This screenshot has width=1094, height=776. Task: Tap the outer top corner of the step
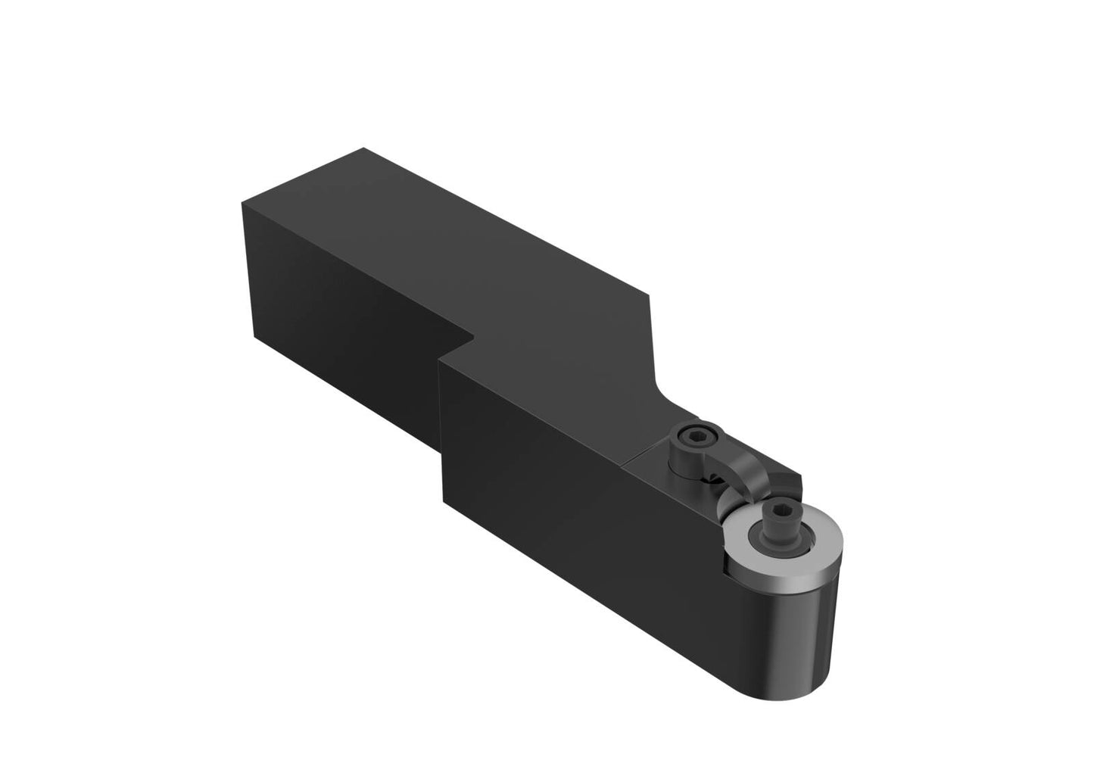coord(438,361)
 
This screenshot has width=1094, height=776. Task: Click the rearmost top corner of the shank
coord(364,148)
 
